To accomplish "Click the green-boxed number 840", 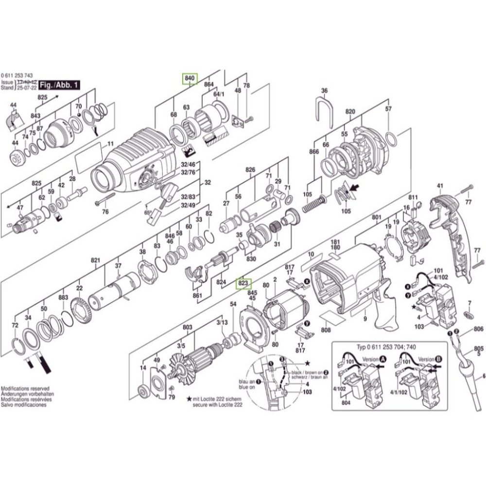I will pos(190,79).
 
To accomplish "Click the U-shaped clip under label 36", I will pos(324,112).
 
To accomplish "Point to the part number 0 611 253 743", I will pos(17,76).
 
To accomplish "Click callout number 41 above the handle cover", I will pos(440,186).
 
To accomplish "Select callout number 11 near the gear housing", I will pos(110,144).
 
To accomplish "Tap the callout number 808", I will pos(326,330).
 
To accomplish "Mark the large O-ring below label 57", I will pos(392,139).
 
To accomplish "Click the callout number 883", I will pos(63,297).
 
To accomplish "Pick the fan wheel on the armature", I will pos(181,365).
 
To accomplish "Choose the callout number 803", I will pos(188,329).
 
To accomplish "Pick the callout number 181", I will pos(335,242).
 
